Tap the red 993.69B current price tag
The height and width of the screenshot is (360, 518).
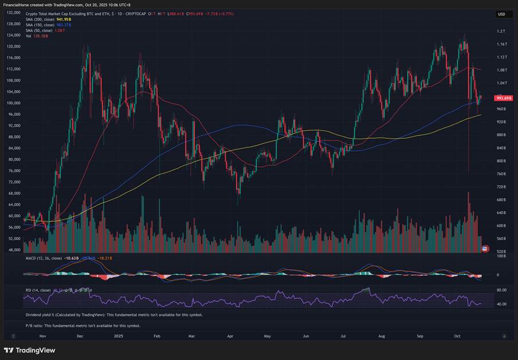click(504, 98)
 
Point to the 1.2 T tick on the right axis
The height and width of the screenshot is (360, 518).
click(500, 31)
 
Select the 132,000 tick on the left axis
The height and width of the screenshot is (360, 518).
click(14, 12)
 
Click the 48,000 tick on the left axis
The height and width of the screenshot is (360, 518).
click(14, 250)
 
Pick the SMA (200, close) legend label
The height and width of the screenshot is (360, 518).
click(40, 19)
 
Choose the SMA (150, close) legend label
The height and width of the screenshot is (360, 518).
click(40, 25)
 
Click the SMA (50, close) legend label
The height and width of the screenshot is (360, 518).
click(39, 30)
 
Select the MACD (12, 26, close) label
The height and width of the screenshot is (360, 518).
click(44, 259)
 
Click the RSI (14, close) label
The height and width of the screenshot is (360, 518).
click(38, 290)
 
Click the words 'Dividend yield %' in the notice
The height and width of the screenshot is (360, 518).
click(42, 315)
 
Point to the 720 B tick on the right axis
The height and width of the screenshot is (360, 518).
click(501, 187)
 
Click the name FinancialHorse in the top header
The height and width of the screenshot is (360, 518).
click(18, 5)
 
